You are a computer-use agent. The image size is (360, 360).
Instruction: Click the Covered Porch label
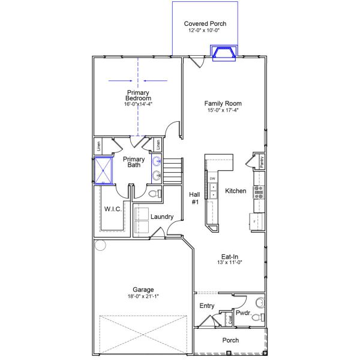[x=205, y=24]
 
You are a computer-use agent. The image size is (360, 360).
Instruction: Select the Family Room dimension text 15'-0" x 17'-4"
[x=223, y=110]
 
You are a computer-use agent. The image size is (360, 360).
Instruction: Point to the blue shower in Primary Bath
[x=103, y=170]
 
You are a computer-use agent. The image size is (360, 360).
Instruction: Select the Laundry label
[x=162, y=217]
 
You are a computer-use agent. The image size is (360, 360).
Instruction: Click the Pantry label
[x=262, y=161]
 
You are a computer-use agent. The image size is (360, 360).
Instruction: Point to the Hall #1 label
[x=194, y=198]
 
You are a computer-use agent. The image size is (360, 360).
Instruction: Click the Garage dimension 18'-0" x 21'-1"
[x=143, y=296]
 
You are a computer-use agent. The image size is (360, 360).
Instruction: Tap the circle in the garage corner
[x=100, y=245]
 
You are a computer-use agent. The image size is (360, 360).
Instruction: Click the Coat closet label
[x=229, y=319]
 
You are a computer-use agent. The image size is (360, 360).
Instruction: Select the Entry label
[x=206, y=306]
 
